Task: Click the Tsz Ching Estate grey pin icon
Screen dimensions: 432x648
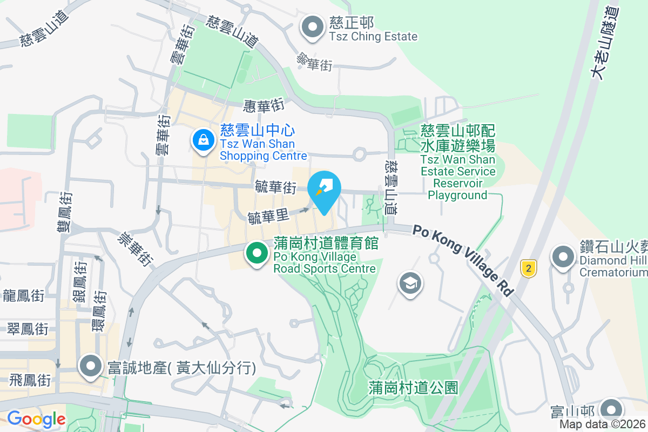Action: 312,28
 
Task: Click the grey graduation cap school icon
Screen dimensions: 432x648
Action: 410,282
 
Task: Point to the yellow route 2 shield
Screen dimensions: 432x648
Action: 529,268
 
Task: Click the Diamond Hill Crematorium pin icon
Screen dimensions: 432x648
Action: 563,256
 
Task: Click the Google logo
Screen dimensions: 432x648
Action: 36,419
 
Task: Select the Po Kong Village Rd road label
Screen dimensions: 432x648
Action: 463,260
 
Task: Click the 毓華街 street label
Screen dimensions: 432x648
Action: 276,187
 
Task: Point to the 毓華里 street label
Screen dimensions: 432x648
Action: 268,217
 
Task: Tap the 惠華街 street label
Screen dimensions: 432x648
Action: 264,105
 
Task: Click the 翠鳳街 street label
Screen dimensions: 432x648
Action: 28,328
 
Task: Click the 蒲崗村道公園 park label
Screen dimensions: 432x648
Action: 414,387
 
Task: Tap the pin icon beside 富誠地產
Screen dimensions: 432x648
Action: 90,366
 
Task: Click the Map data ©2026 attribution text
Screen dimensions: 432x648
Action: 602,424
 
